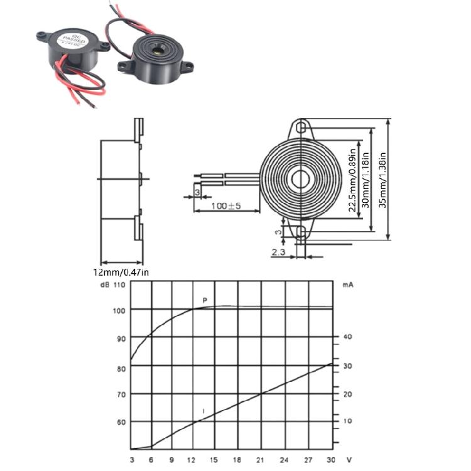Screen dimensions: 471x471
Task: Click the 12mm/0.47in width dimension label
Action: (x=121, y=272)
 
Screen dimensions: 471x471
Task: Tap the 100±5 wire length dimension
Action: (x=226, y=205)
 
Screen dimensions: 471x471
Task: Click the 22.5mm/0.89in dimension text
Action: (x=353, y=180)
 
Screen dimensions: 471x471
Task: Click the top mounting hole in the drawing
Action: (x=302, y=127)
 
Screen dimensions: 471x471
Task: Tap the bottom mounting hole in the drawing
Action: (x=301, y=232)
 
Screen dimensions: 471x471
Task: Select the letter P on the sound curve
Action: (x=205, y=300)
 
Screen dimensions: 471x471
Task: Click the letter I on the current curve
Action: (x=203, y=411)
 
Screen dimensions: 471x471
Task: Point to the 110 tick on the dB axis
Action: (x=119, y=284)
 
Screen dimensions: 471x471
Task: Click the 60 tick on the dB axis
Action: (x=121, y=422)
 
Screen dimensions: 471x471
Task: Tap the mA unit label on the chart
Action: (x=347, y=284)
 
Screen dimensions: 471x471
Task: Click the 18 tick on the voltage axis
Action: (x=237, y=460)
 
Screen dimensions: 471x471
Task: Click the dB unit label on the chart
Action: (x=104, y=284)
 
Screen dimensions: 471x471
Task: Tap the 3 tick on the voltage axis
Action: (x=132, y=460)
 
